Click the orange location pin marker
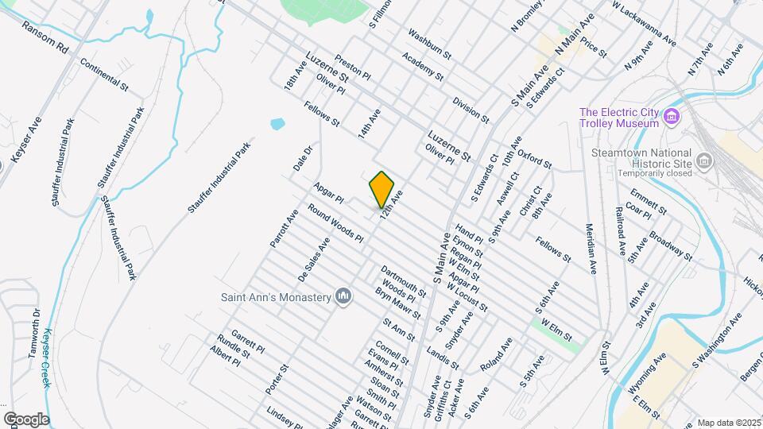(x=382, y=188)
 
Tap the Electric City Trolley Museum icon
(x=672, y=118)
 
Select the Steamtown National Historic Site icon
(x=703, y=162)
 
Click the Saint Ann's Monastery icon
(x=343, y=296)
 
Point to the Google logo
(x=25, y=419)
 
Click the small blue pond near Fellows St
(x=277, y=125)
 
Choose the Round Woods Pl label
(x=335, y=226)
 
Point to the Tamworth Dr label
(x=35, y=333)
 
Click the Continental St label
(x=104, y=75)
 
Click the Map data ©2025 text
(x=729, y=423)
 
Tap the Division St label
(x=471, y=110)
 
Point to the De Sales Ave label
(x=313, y=260)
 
